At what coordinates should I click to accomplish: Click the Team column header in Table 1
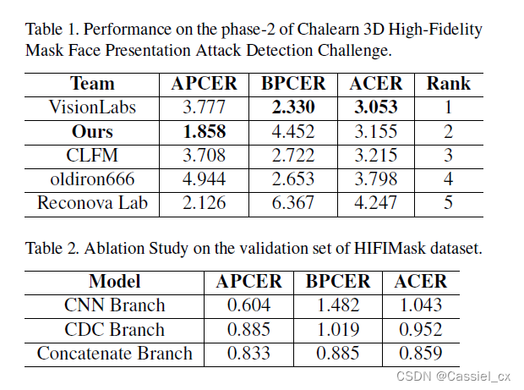(92, 85)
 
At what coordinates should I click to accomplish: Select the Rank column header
(448, 85)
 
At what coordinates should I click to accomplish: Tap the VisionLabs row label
(92, 108)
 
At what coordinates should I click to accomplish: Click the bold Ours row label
(92, 132)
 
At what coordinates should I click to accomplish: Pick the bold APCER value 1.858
(205, 132)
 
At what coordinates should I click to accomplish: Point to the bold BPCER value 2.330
(293, 108)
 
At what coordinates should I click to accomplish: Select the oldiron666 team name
(92, 179)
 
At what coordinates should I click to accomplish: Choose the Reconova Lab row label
(92, 203)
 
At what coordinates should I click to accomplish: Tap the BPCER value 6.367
(293, 203)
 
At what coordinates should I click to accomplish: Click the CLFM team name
(92, 156)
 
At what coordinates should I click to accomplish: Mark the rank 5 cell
(448, 203)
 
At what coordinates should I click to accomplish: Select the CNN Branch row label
(114, 305)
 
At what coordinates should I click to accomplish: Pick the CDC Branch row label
(114, 329)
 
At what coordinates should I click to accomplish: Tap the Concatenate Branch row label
(114, 353)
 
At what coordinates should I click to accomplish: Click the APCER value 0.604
(249, 305)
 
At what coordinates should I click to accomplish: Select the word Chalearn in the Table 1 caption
(291, 30)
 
